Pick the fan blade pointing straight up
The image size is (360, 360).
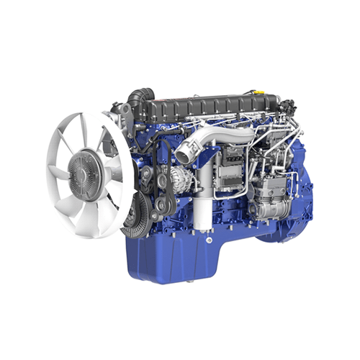[82, 126]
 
